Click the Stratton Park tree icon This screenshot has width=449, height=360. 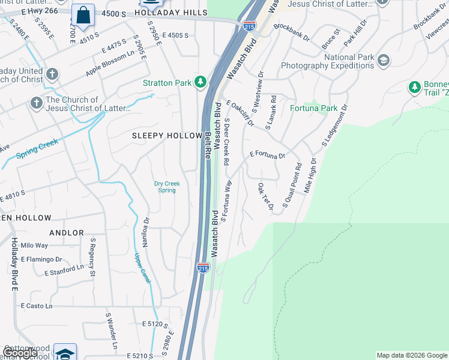pos(202,83)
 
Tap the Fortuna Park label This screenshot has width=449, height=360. pos(313,109)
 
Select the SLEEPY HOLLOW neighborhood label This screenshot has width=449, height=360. pos(167,136)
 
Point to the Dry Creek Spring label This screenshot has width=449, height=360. pos(167,187)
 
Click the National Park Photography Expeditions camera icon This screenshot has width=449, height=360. pos(383,61)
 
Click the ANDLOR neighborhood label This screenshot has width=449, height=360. pos(67,233)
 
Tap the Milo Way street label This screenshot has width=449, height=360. pos(34,245)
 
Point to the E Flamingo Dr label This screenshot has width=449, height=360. pos(41,260)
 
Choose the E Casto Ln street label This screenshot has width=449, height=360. pos(37,306)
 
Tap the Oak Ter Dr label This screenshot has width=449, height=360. pos(265,197)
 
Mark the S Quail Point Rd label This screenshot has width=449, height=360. pos(292,186)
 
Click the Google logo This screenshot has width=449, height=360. pos(20,353)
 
